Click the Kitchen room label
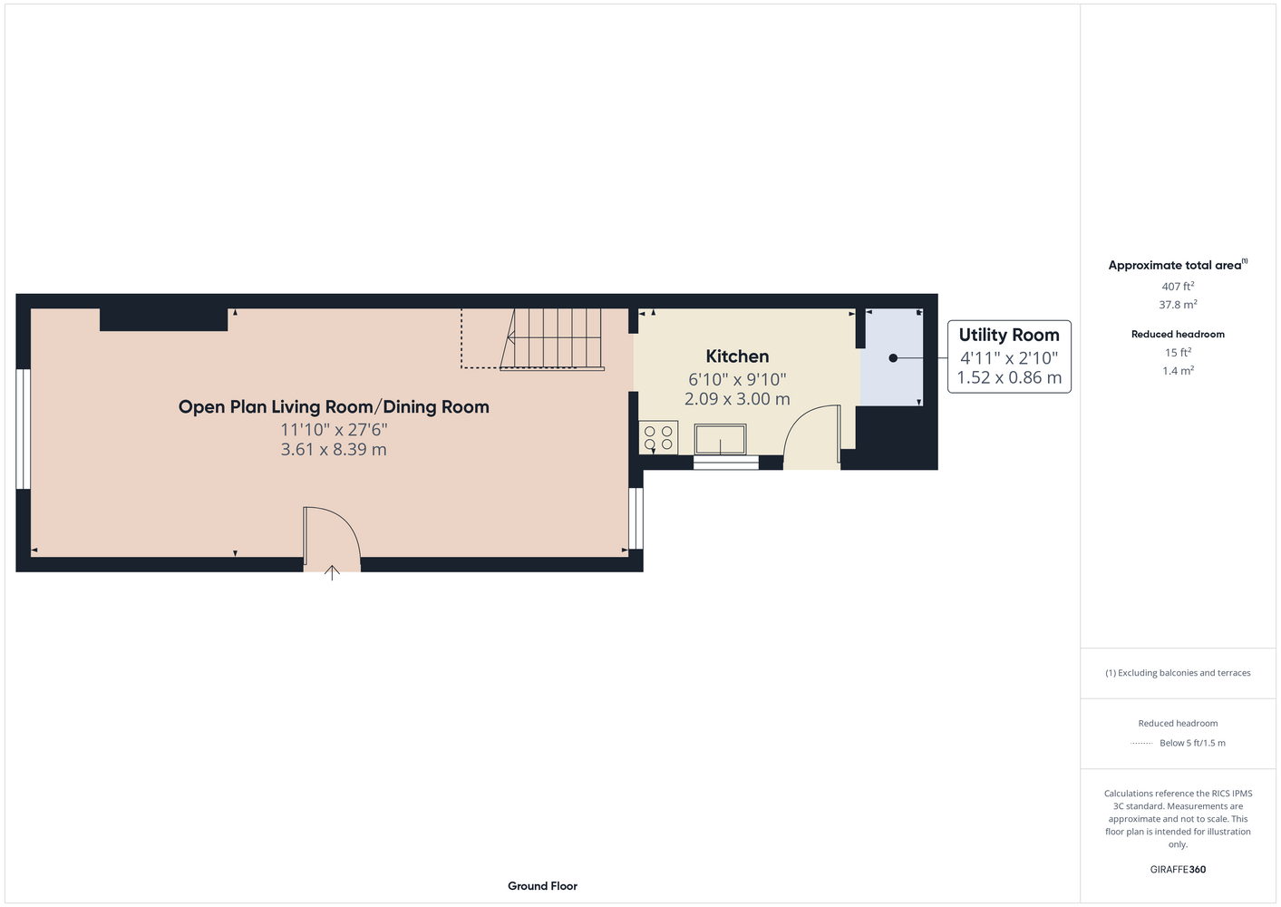pos(737,356)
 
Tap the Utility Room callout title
pos(1009,335)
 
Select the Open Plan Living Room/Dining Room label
pos(334,407)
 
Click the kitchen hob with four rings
pos(658,438)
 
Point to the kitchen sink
pos(721,440)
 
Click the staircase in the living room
pos(552,339)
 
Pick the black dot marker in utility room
pos(893,358)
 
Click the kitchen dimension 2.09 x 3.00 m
pos(737,399)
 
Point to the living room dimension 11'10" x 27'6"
pos(334,430)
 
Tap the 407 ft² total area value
pos(1178,286)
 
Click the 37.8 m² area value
pos(1178,305)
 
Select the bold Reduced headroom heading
pos(1178,334)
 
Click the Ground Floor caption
pos(542,886)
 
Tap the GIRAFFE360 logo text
pos(1178,869)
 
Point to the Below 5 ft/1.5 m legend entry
pos(1192,743)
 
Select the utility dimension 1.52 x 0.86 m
pos(1009,377)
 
